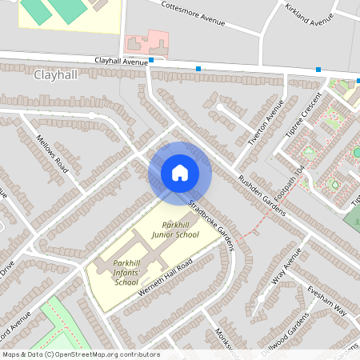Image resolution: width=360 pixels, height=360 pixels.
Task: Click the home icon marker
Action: click(179, 173)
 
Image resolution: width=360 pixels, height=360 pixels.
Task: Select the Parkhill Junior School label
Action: click(175, 230)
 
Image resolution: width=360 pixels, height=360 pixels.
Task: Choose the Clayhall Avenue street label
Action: click(122, 61)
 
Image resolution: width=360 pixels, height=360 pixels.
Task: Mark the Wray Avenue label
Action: click(286, 268)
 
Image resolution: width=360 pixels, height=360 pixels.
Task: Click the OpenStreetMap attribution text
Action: click(80, 354)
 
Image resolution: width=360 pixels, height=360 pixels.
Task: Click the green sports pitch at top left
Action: click(52, 10)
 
